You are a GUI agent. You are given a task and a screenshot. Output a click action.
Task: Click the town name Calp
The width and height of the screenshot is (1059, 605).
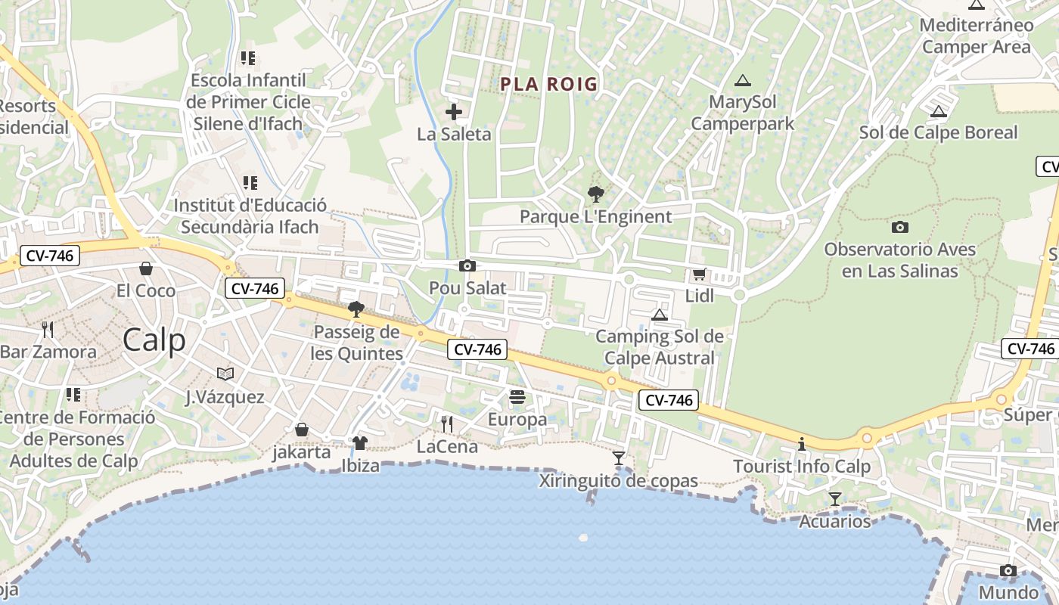tap(154, 340)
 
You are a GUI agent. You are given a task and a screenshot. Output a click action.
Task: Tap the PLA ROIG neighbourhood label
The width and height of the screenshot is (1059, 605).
tap(548, 84)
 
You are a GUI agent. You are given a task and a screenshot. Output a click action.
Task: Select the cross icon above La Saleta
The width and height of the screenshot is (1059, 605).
tap(454, 113)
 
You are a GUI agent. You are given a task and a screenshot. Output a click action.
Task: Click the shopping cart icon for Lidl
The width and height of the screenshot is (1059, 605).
tap(699, 275)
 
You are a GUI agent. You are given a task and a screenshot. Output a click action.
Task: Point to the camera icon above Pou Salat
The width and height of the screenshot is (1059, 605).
tap(467, 265)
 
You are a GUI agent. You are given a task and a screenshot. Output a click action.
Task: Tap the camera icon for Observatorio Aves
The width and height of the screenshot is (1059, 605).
tap(899, 227)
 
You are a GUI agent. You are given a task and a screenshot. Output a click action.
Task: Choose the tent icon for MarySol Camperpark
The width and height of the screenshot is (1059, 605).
tap(742, 80)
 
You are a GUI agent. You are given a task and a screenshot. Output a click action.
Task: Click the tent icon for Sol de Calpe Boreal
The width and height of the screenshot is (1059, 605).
tap(938, 112)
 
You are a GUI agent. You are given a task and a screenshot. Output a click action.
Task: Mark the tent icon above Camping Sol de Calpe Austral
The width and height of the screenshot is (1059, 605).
tap(659, 315)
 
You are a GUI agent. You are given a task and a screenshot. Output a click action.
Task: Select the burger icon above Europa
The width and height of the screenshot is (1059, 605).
tap(517, 397)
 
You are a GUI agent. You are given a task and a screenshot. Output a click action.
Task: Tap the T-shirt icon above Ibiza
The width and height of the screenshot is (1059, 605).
tap(360, 443)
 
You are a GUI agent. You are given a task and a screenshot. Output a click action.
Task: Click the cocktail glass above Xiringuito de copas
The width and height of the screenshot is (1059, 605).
tap(619, 458)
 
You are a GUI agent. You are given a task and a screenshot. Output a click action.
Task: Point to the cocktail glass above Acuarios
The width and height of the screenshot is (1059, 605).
tap(835, 498)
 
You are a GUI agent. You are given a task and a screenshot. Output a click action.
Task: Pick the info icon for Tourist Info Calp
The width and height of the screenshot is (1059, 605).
tap(802, 444)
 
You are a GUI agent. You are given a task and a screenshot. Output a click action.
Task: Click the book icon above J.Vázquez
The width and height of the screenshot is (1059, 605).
tap(225, 374)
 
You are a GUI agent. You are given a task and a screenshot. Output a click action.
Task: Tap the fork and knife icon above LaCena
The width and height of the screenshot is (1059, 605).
tap(447, 423)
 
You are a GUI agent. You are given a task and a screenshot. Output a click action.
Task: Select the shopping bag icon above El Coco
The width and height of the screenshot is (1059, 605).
tap(146, 268)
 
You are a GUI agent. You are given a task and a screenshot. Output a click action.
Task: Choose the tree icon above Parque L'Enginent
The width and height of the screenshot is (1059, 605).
tap(596, 194)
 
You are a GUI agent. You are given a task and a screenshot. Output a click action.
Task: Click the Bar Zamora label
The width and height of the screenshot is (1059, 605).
tap(48, 352)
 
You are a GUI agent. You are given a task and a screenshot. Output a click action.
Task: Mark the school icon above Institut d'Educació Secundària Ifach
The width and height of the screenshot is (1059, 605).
tap(250, 183)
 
